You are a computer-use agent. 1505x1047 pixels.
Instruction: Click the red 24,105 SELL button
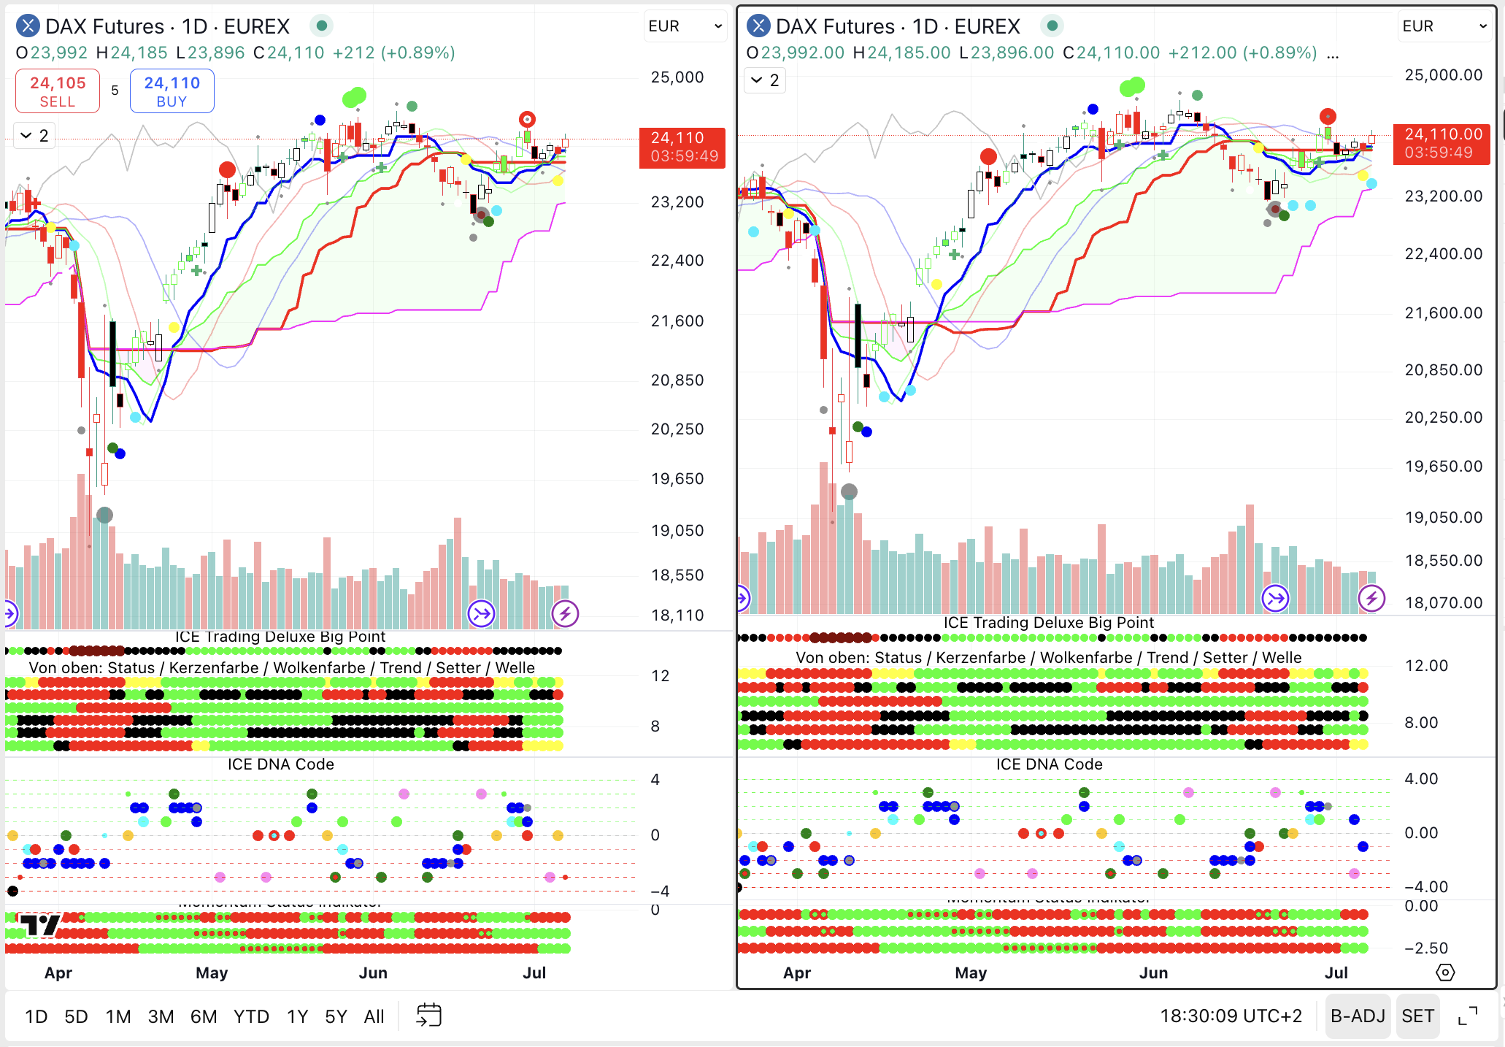point(58,91)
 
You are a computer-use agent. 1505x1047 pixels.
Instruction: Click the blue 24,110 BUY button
point(172,91)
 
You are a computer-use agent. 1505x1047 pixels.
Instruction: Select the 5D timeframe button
point(76,1016)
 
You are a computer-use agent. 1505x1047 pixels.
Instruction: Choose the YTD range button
point(251,1016)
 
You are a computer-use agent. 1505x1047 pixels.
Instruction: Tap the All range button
point(374,1016)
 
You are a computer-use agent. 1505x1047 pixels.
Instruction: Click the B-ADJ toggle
point(1357,1016)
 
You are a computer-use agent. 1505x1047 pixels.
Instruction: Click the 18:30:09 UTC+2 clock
point(1231,1016)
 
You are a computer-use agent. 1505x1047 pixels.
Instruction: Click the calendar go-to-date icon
point(428,1015)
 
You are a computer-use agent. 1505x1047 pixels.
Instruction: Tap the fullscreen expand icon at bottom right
point(1467,1016)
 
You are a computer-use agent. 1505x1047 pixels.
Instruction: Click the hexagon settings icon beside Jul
point(1445,973)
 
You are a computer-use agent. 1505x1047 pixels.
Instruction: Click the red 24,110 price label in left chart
point(682,147)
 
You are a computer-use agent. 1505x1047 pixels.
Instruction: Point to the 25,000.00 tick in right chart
point(1443,75)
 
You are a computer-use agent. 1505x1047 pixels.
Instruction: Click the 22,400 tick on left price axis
point(677,261)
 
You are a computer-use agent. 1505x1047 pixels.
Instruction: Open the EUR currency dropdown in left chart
point(685,26)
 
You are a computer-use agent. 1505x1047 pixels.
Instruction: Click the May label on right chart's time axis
point(971,973)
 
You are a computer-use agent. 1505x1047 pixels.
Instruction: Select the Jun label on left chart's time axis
point(373,973)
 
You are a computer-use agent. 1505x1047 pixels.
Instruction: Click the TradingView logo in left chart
point(39,925)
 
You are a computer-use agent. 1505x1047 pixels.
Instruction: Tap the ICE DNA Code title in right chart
point(1049,764)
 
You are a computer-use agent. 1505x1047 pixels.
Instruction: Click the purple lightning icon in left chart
point(565,614)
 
